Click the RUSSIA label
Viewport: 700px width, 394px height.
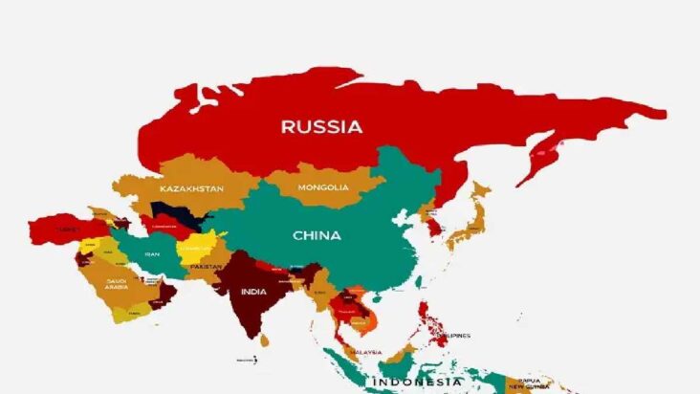point(321,126)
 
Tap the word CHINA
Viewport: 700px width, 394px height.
point(317,235)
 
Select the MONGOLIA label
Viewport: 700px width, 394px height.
point(323,187)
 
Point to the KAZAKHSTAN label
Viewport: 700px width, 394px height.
point(191,189)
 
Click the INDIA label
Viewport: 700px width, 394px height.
point(253,292)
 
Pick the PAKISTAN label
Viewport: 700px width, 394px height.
point(206,266)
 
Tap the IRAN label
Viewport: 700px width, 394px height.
point(151,254)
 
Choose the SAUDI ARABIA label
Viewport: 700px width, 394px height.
point(117,284)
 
